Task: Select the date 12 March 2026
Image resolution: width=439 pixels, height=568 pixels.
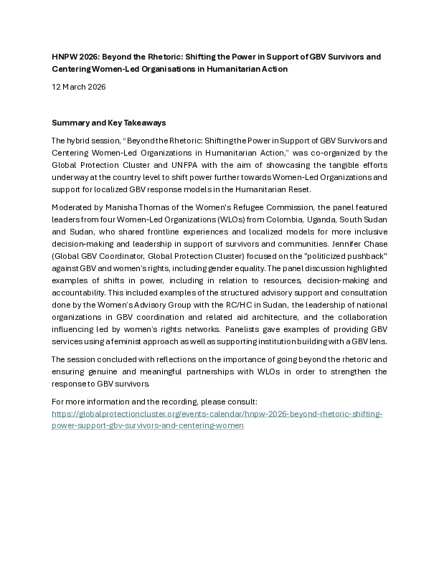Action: [x=79, y=87]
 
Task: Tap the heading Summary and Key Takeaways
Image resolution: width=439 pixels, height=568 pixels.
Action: [x=109, y=123]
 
